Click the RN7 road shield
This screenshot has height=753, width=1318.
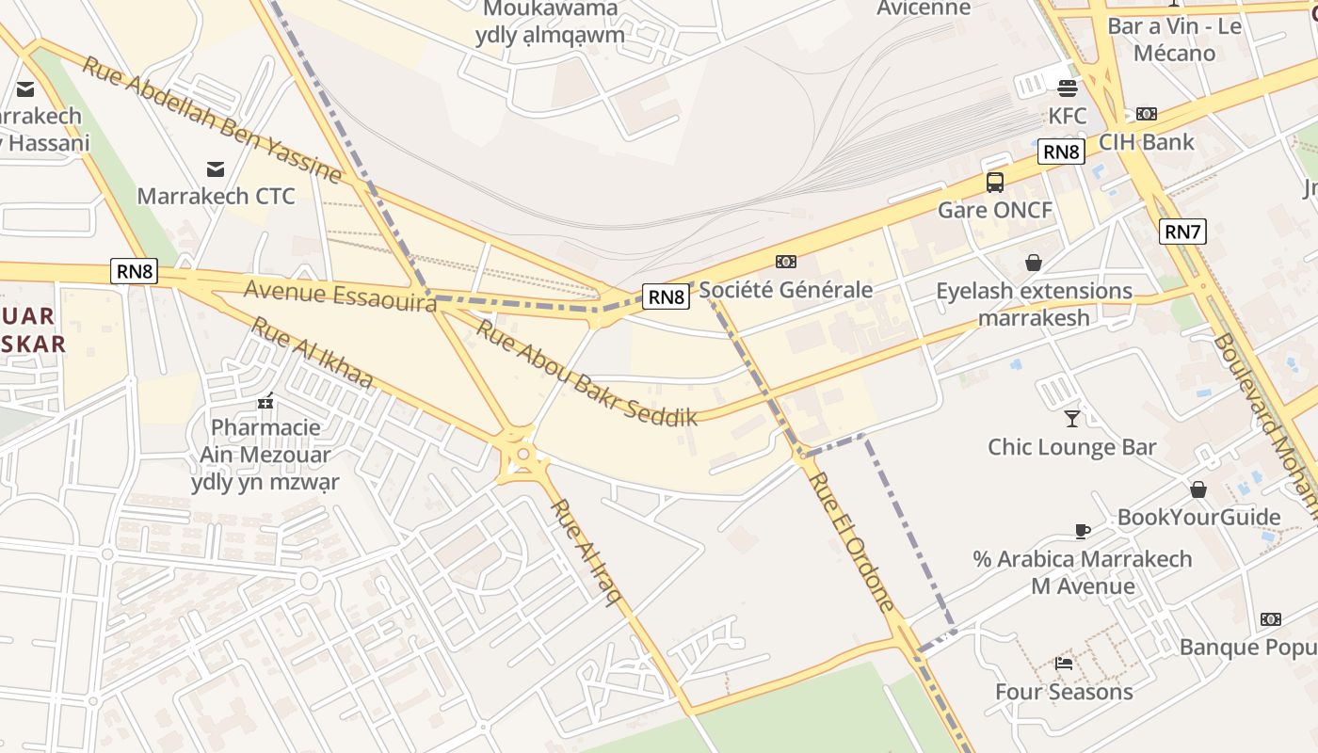pyautogui.click(x=1182, y=231)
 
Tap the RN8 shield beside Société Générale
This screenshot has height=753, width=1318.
pyautogui.click(x=667, y=296)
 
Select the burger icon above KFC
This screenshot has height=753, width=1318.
pyautogui.click(x=1068, y=88)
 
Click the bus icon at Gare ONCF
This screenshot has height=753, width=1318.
pyautogui.click(x=995, y=183)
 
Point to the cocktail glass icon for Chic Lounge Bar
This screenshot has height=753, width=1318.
pyautogui.click(x=1071, y=418)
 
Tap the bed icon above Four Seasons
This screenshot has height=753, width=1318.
pyautogui.click(x=1064, y=663)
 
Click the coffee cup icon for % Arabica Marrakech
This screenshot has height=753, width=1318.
pyautogui.click(x=1083, y=531)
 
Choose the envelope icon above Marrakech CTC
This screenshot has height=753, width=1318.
pyautogui.click(x=216, y=168)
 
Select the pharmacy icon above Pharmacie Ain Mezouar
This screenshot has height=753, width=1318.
pyautogui.click(x=265, y=401)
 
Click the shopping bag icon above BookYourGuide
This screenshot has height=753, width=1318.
pyautogui.click(x=1198, y=489)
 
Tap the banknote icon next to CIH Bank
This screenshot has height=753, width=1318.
pyautogui.click(x=1146, y=114)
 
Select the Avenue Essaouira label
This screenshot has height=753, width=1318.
pyautogui.click(x=341, y=295)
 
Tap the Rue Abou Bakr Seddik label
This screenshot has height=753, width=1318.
pyautogui.click(x=586, y=372)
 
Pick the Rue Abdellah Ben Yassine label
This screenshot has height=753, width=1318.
pyautogui.click(x=211, y=120)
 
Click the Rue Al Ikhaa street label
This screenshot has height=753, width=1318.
pyautogui.click(x=312, y=354)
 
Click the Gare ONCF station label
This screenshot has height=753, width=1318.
pyautogui.click(x=995, y=210)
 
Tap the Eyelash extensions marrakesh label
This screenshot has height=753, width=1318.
pyautogui.click(x=1034, y=303)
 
